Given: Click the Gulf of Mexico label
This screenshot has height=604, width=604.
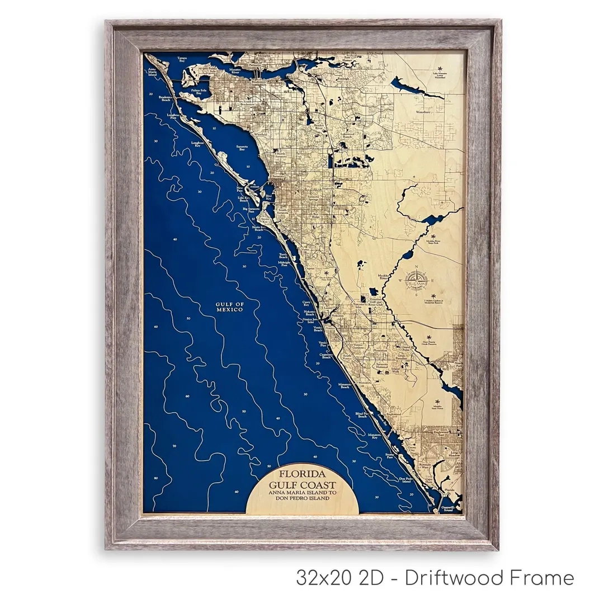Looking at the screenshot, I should point(229,307).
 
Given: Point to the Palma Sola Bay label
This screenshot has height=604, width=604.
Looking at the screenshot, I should point(200,91).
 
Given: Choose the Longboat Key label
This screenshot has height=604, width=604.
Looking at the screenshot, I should point(197,144).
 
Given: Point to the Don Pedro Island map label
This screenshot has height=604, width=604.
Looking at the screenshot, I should point(406,480).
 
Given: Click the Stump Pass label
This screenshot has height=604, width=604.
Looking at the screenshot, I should point(390,457).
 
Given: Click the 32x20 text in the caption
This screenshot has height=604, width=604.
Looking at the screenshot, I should point(324,578).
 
